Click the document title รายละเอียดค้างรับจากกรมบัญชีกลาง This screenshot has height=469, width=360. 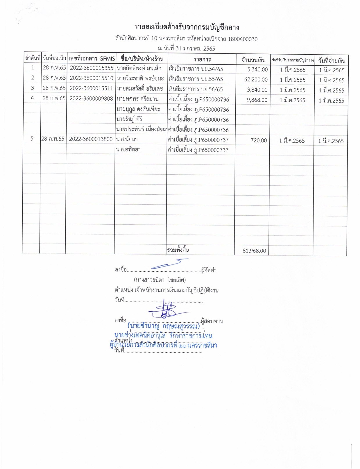pos(187,27)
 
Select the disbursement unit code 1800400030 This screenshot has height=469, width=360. pos(243,39)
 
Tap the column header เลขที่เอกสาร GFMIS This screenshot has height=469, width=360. pos(92,58)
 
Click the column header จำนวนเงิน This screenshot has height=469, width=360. pos(253,60)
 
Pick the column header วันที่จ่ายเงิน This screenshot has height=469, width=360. pos(332,61)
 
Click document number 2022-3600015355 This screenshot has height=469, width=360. pos(92,68)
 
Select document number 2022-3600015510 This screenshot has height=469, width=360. pos(92,78)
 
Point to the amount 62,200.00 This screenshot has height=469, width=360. pos(256,80)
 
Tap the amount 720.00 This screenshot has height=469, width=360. pos(259,141)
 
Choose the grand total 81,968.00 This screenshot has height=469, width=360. pos(254,251)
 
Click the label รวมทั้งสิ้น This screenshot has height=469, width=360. pos(178,250)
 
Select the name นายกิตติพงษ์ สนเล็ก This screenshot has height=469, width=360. pos(139,69)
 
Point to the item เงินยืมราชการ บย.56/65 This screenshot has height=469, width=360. pos(196,89)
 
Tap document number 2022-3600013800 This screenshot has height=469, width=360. pos(91,139)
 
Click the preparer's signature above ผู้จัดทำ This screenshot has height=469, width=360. pos(167,264)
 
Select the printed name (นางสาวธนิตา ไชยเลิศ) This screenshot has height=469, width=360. pos(160,280)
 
